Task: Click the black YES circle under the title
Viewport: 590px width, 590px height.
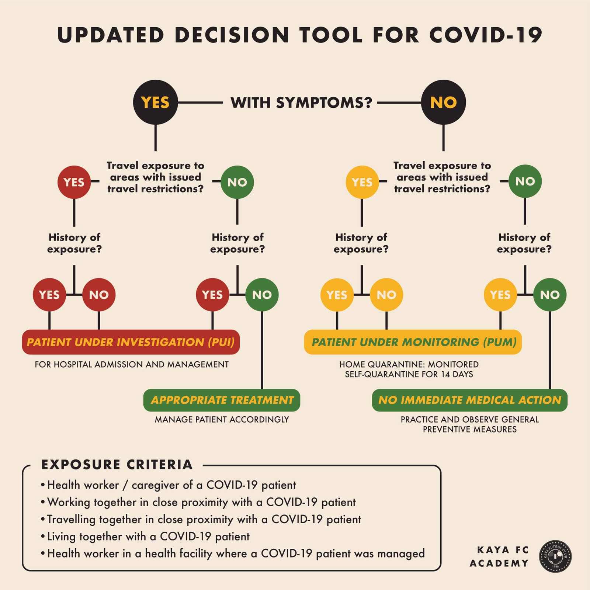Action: pyautogui.click(x=155, y=102)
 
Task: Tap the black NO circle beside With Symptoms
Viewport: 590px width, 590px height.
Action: pyautogui.click(x=443, y=102)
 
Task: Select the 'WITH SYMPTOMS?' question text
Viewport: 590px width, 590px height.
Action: pyautogui.click(x=301, y=103)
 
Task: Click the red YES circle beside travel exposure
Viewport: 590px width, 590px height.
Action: pyautogui.click(x=74, y=182)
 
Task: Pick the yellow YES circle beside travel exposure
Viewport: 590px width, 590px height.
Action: pyautogui.click(x=362, y=182)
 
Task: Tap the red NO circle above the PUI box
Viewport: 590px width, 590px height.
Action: pyautogui.click(x=99, y=295)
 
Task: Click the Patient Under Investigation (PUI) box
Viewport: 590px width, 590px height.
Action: pyautogui.click(x=131, y=342)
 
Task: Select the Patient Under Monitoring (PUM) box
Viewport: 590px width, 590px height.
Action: pyautogui.click(x=413, y=342)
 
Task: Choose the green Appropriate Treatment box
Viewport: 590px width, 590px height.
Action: pyautogui.click(x=222, y=400)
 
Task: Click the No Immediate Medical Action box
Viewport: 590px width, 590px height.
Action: pyautogui.click(x=469, y=400)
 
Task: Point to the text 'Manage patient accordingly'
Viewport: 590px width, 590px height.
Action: pyautogui.click(x=222, y=420)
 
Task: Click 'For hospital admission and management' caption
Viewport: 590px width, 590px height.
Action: pyautogui.click(x=132, y=365)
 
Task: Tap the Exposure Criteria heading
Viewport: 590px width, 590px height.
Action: pyautogui.click(x=117, y=465)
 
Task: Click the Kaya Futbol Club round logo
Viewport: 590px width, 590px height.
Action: pyautogui.click(x=555, y=556)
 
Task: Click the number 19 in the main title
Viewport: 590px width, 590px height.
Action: pyautogui.click(x=529, y=35)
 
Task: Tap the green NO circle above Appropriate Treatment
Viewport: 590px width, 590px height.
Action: pyautogui.click(x=262, y=295)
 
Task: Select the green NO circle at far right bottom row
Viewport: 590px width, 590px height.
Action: pyautogui.click(x=550, y=295)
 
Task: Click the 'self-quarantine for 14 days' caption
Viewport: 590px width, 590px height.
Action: pyautogui.click(x=409, y=374)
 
